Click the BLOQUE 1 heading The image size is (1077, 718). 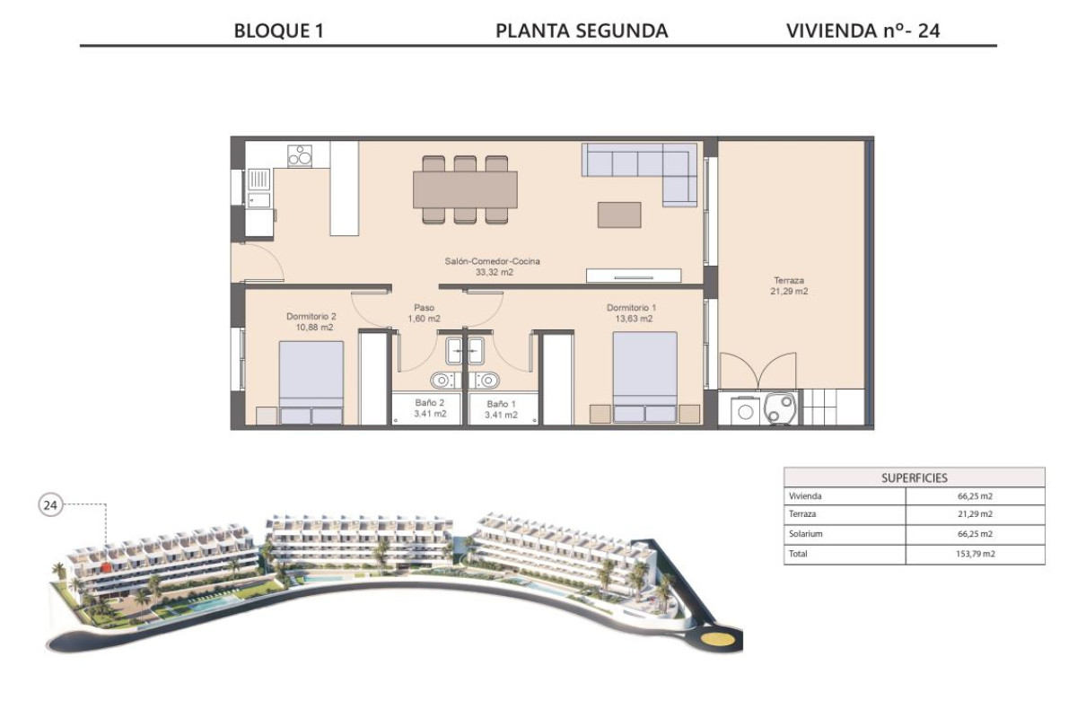point(278,31)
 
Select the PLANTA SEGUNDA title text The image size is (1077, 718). point(582,31)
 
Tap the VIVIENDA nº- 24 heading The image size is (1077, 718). point(862,31)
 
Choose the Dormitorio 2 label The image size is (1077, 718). point(311,321)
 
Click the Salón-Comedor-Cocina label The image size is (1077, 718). point(492,267)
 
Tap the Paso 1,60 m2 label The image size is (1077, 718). point(424,312)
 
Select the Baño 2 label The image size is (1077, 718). point(430,408)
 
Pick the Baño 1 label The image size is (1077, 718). point(501,410)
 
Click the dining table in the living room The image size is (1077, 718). point(464,189)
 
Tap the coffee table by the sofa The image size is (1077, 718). point(619,215)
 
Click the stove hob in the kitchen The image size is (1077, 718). point(300,155)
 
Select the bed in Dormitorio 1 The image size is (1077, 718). point(644,377)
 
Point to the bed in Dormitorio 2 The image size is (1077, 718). point(311,381)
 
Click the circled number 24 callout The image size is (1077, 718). point(50,506)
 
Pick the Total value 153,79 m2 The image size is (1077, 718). point(975,554)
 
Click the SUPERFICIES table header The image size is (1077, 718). point(914,477)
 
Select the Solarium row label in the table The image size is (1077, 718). point(805,534)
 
